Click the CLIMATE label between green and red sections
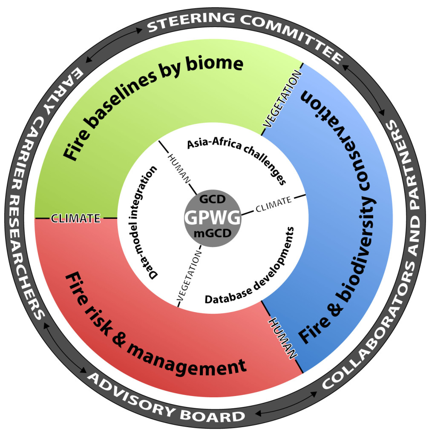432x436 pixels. [75, 218]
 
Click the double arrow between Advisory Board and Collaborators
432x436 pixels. [276, 405]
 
